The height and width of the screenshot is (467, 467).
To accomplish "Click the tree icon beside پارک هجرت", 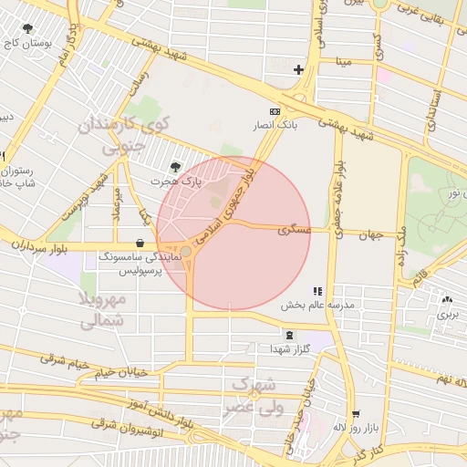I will [x=175, y=167].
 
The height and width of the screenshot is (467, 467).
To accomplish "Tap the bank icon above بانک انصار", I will [x=275, y=110].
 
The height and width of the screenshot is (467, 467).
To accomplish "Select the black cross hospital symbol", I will [x=298, y=69].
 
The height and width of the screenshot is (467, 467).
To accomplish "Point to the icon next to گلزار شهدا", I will [x=289, y=335].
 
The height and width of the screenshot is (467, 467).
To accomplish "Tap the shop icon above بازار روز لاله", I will [x=356, y=413].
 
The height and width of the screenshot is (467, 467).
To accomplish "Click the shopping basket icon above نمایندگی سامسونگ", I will [x=140, y=244].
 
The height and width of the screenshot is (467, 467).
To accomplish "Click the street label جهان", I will [x=369, y=234].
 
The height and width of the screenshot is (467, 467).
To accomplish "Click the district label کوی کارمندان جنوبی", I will [x=124, y=134].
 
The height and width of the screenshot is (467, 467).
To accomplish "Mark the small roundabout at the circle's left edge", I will [x=186, y=251].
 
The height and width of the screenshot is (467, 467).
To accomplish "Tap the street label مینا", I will [x=343, y=62].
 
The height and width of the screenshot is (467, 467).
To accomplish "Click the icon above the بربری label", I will [x=446, y=299].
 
